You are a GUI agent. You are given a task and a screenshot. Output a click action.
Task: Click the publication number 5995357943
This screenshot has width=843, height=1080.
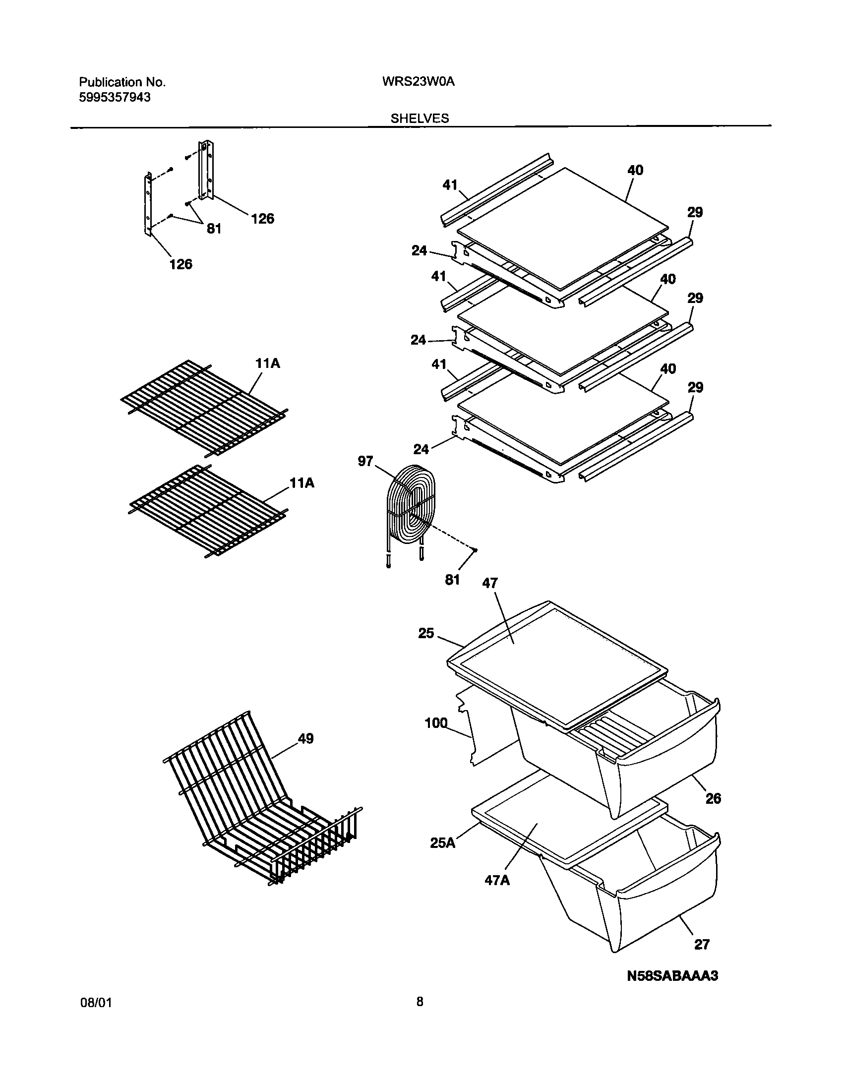[x=115, y=98]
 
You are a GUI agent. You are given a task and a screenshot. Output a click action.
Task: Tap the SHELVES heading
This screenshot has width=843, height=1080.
[x=420, y=119]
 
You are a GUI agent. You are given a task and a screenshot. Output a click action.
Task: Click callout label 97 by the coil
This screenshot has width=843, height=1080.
[x=365, y=461]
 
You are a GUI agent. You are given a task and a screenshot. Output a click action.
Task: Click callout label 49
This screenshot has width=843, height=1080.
[x=305, y=739]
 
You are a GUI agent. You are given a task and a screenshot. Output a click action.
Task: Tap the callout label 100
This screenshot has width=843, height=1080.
[x=436, y=723]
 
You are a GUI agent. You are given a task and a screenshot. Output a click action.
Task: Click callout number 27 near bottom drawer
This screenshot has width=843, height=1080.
[x=702, y=945]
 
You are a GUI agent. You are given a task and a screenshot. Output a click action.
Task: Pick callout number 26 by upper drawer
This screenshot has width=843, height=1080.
[x=713, y=798]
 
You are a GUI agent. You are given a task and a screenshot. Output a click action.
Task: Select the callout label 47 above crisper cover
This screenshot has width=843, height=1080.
[x=489, y=583]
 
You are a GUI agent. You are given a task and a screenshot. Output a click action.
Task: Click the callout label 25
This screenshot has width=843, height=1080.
[x=426, y=633]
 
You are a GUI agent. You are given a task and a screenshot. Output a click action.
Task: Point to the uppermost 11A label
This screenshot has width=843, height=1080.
[x=268, y=363]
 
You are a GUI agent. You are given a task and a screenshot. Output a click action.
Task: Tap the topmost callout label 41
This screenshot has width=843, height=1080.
[x=450, y=185]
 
